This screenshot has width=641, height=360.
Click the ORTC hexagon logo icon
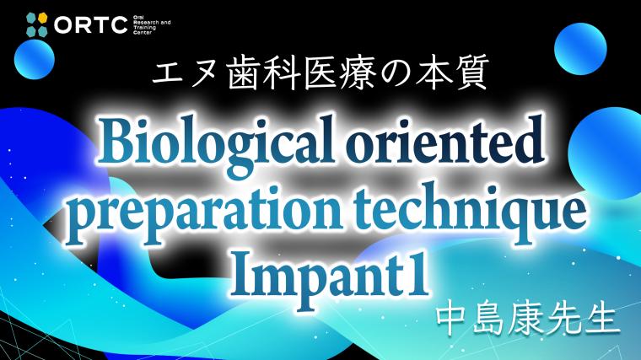click(x=37, y=24)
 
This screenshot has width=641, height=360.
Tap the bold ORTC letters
click(x=91, y=25)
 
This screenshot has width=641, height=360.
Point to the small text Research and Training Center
click(x=152, y=25)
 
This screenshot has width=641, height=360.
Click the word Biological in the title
click(x=216, y=142)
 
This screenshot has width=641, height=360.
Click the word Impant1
click(x=328, y=277)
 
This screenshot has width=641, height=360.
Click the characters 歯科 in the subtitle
click(x=261, y=73)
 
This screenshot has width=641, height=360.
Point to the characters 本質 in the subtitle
click(x=454, y=73)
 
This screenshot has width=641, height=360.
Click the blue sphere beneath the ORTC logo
click(x=35, y=59)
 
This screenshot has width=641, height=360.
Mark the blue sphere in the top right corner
click(x=580, y=49)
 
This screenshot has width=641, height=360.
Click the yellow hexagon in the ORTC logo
click(x=42, y=18)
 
